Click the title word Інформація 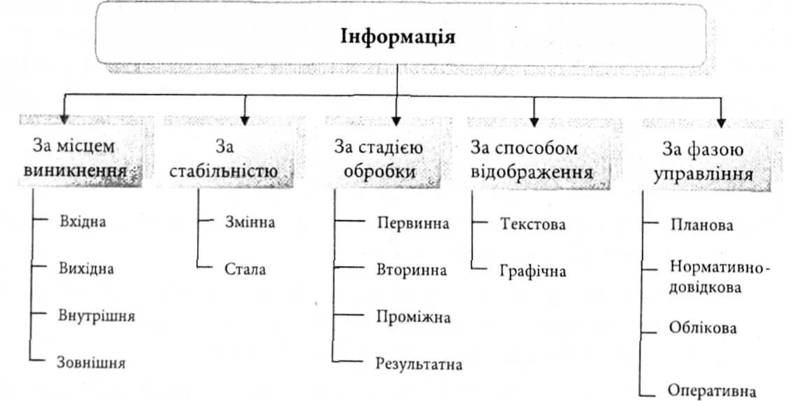pos(397,36)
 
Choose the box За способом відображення pos(532,159)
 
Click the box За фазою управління pos(703,160)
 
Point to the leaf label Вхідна pos(83,222)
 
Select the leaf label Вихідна pos(86,268)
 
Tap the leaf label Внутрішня pos(97,315)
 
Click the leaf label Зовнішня pos(91,362)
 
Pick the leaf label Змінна pos(250,223)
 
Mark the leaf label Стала pos(245,269)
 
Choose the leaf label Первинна pos(413,223)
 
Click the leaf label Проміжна pos(413,317)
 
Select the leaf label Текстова pos(533,224)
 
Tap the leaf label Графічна pos(533,271)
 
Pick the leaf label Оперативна pos(712,390)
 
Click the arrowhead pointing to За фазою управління pos(721,123)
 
